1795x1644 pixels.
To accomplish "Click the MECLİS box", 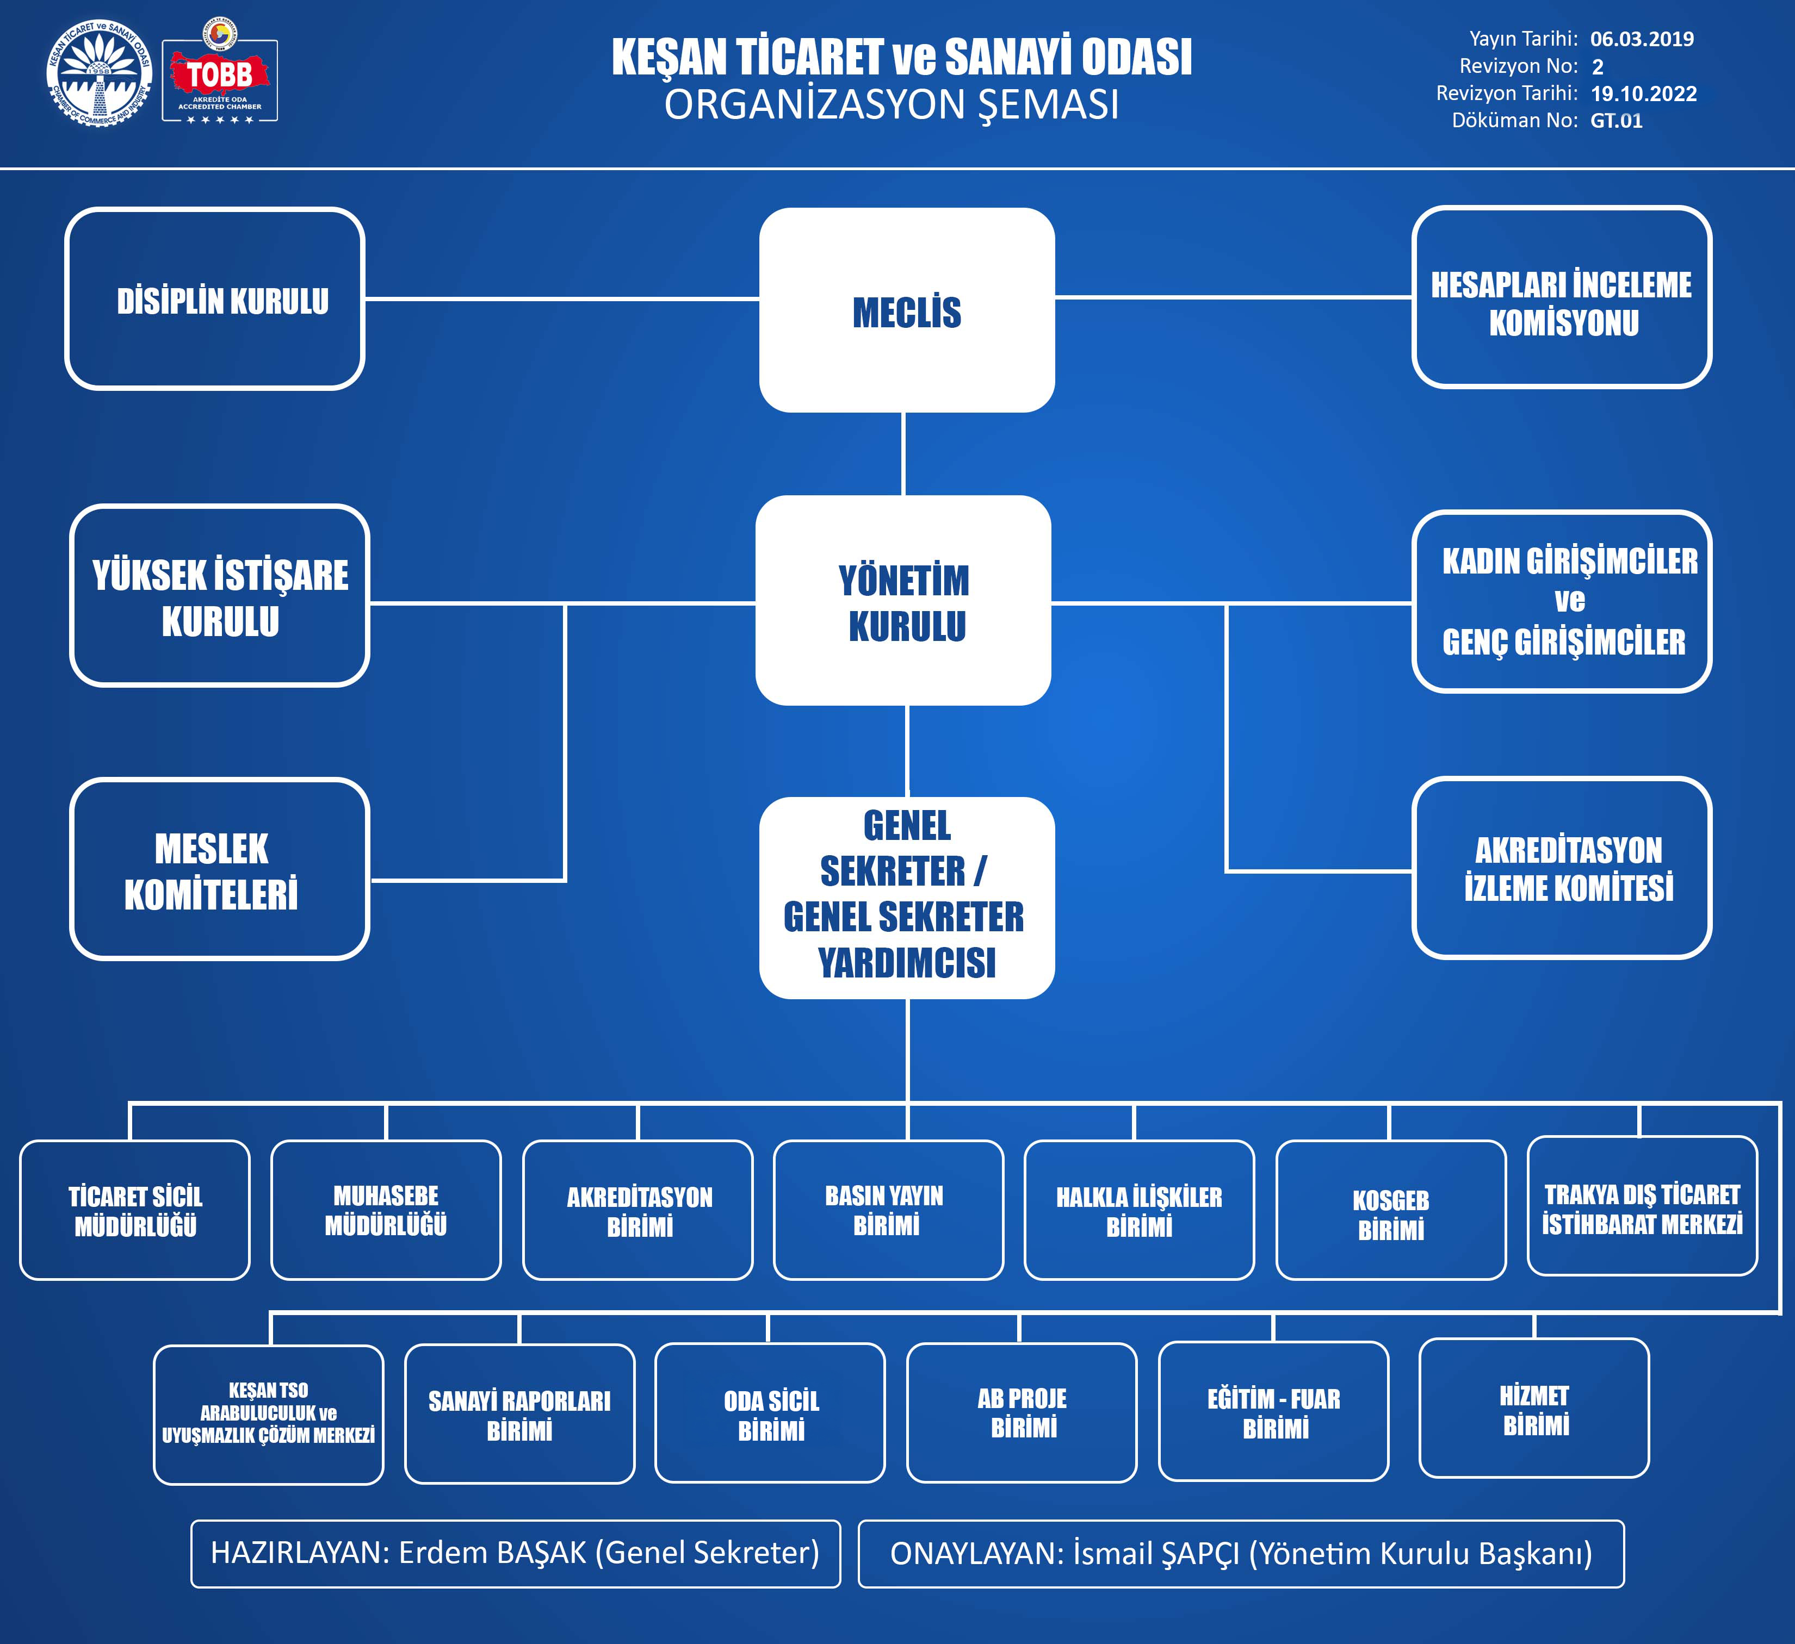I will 906,310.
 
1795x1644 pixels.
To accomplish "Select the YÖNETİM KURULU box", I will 903,601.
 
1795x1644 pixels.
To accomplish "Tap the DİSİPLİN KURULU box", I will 214,299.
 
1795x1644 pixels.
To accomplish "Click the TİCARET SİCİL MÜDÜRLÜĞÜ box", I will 134,1210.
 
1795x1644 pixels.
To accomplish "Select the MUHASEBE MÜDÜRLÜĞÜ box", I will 386,1210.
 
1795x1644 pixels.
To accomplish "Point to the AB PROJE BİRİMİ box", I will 1022,1412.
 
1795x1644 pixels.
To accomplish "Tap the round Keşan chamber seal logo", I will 99,73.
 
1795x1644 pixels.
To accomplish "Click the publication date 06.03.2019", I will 1642,39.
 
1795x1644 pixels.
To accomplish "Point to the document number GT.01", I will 1616,121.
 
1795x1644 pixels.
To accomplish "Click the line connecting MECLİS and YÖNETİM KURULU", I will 903,454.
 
